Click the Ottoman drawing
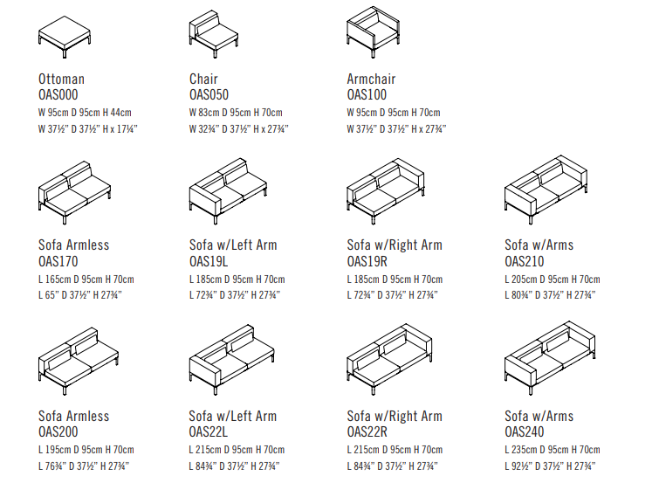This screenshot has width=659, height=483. pos(65,37)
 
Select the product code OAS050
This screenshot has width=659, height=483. pos(209,94)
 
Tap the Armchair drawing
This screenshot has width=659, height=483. pos(374,31)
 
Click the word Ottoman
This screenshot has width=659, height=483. pos(61,79)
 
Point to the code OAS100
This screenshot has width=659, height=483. pos(367,94)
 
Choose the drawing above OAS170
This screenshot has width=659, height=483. pos(74,192)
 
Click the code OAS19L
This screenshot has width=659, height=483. pos(209,261)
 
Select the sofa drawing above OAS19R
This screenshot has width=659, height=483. pos(386,191)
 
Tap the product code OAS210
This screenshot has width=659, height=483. pos(524,261)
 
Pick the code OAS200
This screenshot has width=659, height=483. pos(58,431)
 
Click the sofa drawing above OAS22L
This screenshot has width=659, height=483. pos(232,360)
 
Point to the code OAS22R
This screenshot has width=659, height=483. pos(367,431)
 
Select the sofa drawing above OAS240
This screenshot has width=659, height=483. pos(550,358)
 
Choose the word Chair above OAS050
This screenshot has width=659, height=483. pos(203,79)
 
